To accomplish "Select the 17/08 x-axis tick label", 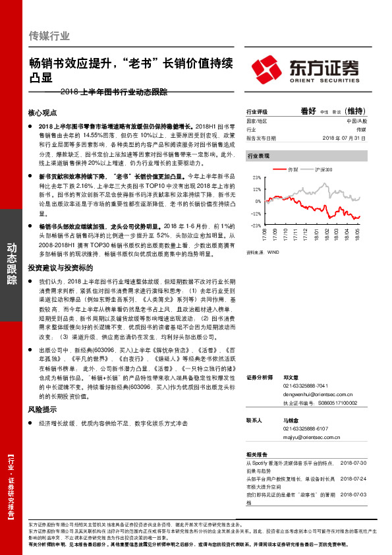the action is (x=266, y=234).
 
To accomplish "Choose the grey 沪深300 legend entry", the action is (x=323, y=169).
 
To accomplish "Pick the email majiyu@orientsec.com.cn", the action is (x=304, y=435).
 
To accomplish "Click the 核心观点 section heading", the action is (x=43, y=113).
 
